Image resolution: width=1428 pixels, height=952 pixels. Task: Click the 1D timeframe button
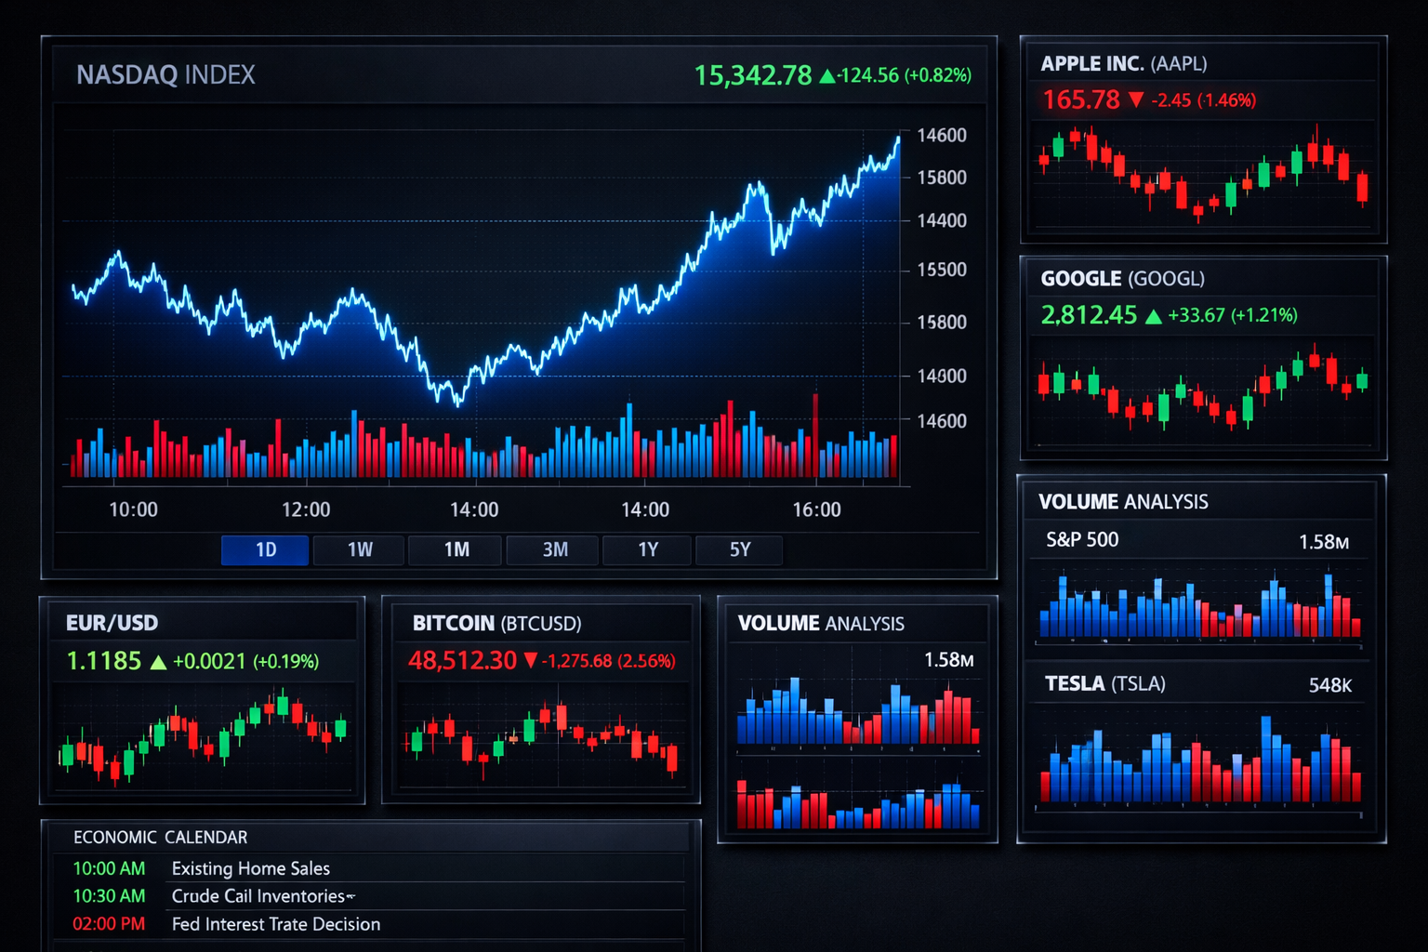coord(265,549)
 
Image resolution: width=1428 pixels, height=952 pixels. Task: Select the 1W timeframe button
coord(360,549)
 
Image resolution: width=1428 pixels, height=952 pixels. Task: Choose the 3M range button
coord(555,549)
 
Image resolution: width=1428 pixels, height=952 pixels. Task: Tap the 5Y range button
coord(739,549)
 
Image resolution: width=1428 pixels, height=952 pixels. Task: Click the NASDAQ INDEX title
coord(165,75)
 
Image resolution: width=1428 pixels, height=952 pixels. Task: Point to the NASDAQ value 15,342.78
coord(753,75)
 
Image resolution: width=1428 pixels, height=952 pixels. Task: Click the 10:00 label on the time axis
coord(133,509)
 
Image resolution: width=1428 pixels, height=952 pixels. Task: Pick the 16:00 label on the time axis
coord(816,509)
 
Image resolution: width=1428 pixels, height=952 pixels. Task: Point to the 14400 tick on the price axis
coord(942,220)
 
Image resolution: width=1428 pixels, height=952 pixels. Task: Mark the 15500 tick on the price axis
coord(942,270)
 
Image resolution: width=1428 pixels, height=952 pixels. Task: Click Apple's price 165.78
coord(1080,99)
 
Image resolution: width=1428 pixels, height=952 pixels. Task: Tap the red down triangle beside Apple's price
coord(1136,99)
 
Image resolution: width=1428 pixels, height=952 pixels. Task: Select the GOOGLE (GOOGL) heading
coord(1122,279)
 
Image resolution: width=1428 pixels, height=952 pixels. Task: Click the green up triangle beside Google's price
coord(1154,316)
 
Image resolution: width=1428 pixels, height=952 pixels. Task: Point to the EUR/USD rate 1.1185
coord(103,661)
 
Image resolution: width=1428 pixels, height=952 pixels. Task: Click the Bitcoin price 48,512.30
coord(462,661)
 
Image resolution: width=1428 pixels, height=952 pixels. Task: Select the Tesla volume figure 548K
coord(1329,685)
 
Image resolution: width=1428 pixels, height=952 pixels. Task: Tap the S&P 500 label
coord(1082,540)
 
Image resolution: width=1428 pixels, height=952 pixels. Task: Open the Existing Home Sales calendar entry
coord(251,868)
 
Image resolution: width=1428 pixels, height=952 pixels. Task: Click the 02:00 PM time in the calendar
coord(109,924)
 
